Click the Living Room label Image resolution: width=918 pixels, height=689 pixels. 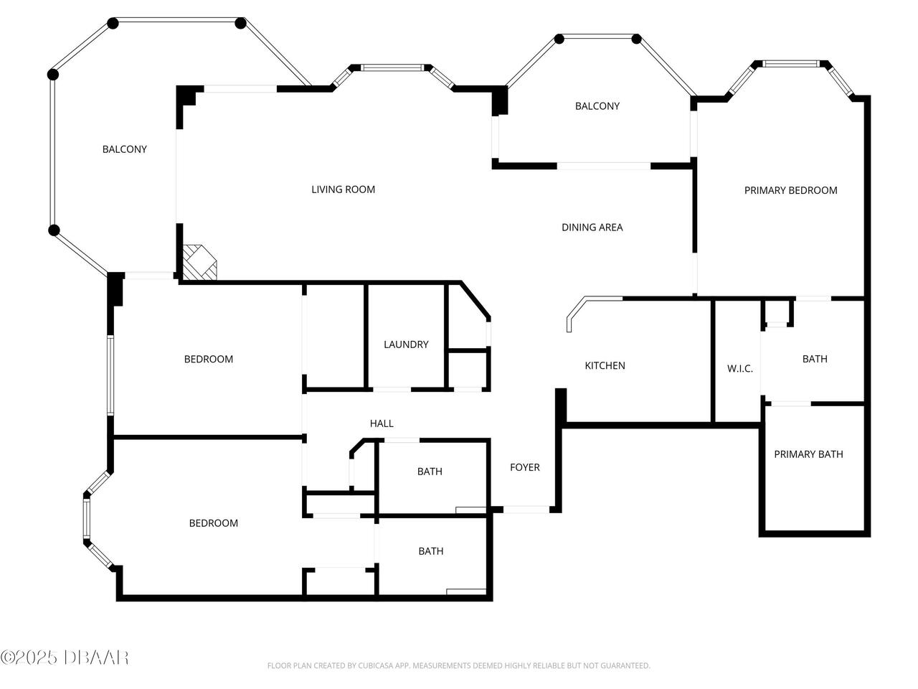point(343,189)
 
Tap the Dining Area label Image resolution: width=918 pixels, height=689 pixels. point(592,228)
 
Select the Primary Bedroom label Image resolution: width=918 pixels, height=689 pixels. point(790,190)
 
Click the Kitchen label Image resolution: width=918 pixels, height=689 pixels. point(605,366)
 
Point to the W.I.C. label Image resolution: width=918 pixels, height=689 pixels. point(739,369)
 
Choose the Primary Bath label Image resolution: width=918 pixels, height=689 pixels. point(808,454)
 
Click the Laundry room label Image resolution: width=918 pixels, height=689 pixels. point(406,344)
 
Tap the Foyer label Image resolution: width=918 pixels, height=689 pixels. point(524,467)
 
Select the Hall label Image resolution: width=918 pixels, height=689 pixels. point(382,423)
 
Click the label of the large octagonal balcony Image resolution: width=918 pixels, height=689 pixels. point(124,149)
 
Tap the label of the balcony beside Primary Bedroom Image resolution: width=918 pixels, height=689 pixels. point(597,106)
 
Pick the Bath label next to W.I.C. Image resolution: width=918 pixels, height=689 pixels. point(815,359)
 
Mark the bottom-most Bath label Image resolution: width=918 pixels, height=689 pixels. point(430,551)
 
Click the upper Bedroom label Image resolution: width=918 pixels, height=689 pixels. point(209,360)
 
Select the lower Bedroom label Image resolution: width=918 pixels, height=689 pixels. point(213,523)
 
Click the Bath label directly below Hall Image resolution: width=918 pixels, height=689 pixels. point(430,472)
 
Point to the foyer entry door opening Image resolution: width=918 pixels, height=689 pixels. point(526,510)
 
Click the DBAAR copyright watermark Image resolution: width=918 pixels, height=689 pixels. point(65,657)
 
